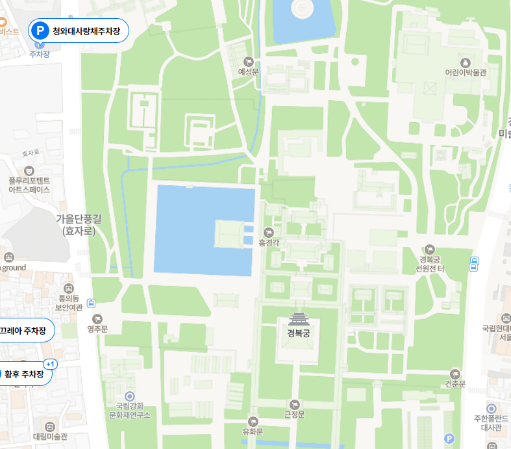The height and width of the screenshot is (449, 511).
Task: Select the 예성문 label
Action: tap(248, 72)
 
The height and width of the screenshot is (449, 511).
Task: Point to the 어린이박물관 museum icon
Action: tap(465, 62)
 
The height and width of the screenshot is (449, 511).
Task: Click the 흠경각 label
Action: tap(268, 242)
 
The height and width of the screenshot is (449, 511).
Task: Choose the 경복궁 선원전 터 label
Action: tap(429, 264)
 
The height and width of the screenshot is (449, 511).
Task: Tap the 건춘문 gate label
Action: tap(455, 384)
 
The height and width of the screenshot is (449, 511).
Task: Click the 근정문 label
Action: tap(295, 414)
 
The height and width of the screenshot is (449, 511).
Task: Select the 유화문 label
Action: tap(253, 431)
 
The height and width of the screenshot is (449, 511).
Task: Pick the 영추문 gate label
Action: tap(97, 329)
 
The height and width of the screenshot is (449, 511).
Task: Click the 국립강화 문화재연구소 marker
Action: tap(130, 396)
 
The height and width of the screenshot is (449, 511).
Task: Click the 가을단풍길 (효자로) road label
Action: tap(79, 225)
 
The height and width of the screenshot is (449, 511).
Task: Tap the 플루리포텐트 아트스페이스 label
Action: tap(29, 185)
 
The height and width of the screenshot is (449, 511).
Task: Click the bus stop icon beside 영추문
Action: tap(92, 303)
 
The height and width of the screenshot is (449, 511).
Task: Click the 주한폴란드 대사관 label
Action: tap(491, 423)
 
